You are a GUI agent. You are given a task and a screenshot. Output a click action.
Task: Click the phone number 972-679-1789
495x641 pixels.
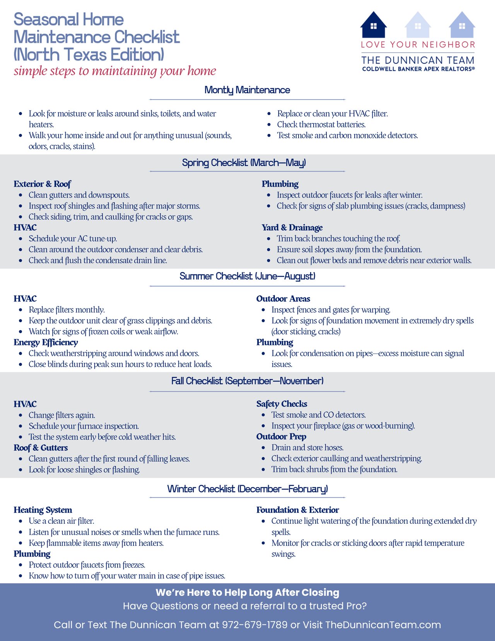tap(254, 625)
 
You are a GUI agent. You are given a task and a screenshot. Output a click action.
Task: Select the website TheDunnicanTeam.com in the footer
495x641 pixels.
tap(383, 625)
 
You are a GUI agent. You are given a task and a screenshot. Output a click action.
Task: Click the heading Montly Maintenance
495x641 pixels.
tap(247, 90)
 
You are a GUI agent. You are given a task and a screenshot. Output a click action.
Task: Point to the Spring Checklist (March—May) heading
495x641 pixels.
tap(244, 163)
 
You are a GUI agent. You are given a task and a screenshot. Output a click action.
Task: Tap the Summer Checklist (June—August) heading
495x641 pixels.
tap(247, 276)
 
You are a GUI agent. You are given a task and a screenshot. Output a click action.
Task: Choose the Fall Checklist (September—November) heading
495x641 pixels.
tap(247, 381)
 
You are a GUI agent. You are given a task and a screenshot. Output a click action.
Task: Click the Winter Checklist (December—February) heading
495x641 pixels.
tap(247, 489)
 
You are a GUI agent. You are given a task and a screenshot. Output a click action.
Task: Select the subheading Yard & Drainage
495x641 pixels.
tap(292, 228)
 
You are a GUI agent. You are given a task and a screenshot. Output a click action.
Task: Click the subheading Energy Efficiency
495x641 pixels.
tap(46, 342)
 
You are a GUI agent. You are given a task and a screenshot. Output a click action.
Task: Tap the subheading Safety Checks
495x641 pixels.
tap(282, 404)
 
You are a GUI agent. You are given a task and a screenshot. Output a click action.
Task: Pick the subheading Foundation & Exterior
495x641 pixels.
tap(297, 510)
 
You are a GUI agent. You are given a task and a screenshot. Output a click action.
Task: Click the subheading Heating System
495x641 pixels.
tap(43, 510)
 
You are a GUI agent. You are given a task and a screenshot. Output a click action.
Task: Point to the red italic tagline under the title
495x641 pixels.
tap(115, 71)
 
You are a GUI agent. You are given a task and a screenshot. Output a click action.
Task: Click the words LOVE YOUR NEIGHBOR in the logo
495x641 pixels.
tap(418, 45)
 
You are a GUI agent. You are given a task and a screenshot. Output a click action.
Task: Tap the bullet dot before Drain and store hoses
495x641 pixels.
tap(263, 448)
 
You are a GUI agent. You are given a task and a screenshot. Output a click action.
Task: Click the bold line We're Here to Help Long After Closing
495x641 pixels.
tap(247, 593)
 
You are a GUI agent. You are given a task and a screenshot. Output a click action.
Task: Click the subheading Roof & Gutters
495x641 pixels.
tap(41, 448)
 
